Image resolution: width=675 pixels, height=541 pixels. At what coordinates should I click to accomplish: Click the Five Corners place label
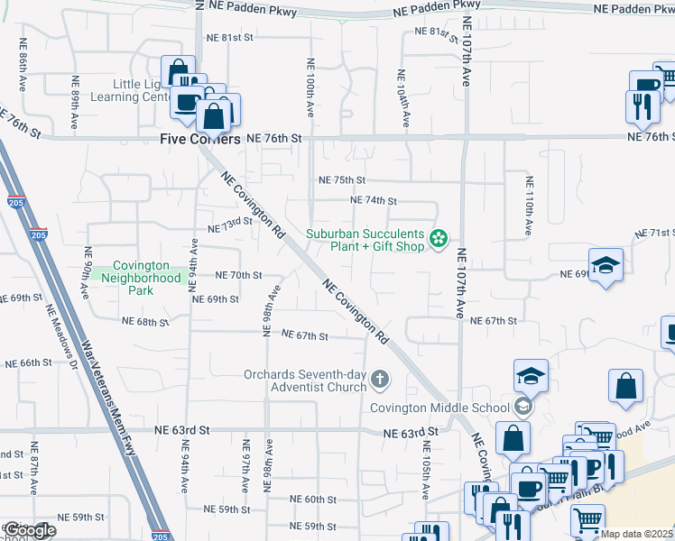click(200, 139)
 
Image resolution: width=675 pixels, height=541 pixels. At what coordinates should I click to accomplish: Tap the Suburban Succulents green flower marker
click(439, 239)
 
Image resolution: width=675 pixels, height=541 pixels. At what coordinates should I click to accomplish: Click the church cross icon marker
click(380, 381)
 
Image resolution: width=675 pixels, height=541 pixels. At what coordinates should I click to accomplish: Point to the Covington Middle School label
click(440, 408)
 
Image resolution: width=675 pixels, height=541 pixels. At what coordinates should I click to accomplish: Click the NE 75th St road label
click(341, 180)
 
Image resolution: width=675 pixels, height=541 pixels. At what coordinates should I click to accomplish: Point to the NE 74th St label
click(373, 201)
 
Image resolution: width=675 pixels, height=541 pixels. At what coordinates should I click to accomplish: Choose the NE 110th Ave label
click(529, 206)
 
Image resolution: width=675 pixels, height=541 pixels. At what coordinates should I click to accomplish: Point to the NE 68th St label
click(145, 321)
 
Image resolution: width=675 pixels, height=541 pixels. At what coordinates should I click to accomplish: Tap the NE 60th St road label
click(313, 499)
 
